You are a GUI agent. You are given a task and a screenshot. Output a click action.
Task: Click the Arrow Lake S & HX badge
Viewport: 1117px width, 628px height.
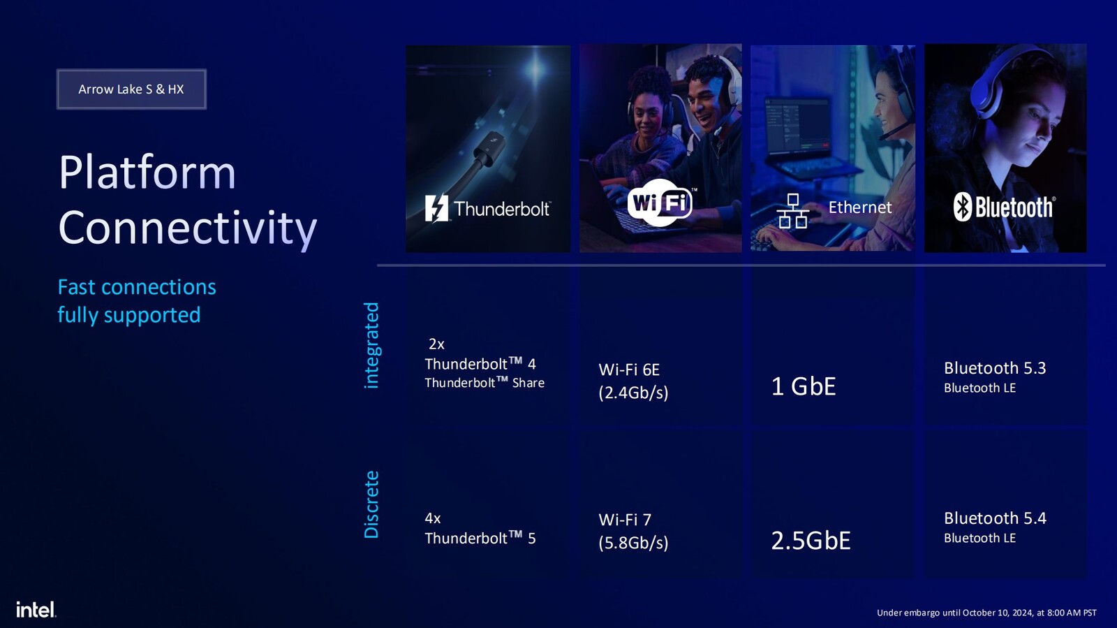click(131, 89)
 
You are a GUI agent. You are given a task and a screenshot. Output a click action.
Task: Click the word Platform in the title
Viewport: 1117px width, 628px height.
click(147, 172)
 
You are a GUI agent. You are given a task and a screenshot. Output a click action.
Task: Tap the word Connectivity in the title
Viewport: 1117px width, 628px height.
click(187, 228)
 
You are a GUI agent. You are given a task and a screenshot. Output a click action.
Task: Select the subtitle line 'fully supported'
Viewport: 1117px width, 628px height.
click(128, 315)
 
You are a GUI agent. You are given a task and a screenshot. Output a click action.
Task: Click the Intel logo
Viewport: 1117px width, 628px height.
click(36, 609)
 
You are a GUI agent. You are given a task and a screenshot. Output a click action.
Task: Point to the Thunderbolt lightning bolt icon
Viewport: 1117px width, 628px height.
click(436, 208)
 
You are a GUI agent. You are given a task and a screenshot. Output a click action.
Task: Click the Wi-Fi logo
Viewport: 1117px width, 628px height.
click(660, 203)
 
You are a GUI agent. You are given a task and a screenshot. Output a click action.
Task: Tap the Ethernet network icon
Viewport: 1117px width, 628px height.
click(792, 211)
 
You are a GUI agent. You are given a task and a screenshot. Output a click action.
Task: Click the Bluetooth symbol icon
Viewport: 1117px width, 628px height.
click(963, 207)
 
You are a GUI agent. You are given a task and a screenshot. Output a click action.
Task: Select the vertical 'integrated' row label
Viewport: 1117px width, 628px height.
click(371, 345)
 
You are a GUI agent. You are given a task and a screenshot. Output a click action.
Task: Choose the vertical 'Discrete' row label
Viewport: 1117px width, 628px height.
click(371, 504)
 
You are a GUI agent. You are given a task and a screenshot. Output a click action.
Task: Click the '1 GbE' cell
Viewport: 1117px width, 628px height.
click(803, 386)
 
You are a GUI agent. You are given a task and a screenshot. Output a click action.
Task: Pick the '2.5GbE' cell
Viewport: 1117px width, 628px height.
click(811, 541)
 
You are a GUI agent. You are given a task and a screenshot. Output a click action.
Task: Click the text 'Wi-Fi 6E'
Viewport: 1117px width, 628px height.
click(628, 370)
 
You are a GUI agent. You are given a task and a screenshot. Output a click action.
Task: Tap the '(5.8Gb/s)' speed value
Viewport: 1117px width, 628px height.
click(633, 543)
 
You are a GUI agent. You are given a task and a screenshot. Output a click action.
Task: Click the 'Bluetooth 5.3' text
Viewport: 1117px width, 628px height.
click(994, 368)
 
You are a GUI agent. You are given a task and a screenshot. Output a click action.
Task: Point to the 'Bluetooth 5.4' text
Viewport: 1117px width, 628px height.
click(994, 518)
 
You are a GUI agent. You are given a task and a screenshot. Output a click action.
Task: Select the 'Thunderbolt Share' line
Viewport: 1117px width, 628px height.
click(484, 383)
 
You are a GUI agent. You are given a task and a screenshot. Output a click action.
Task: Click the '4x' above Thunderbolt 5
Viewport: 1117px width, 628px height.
click(433, 518)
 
